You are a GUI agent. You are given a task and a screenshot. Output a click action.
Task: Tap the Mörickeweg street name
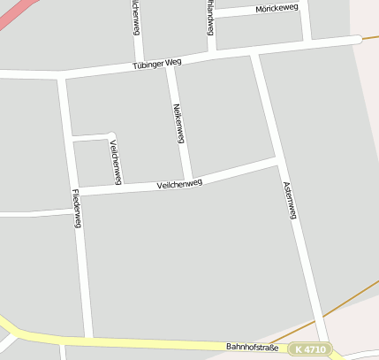[277, 8]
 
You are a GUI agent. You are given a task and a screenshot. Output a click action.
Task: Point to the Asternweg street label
[288, 200]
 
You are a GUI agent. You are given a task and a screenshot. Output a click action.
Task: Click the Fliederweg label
[77, 209]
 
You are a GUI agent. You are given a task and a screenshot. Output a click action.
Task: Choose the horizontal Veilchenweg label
[179, 184]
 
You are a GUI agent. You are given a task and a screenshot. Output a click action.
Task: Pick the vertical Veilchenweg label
[115, 161]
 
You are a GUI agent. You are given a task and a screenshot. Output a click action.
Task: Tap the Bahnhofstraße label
[252, 348]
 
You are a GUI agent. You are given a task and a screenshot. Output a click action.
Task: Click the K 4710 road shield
[312, 349]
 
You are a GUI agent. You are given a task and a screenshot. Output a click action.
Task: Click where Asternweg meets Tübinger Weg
[254, 54]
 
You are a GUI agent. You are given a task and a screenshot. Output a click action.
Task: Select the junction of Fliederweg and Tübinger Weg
[63, 78]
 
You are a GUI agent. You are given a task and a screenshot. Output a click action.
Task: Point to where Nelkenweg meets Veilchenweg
[187, 180]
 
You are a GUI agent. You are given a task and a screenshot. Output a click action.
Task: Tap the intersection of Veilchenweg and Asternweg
[277, 161]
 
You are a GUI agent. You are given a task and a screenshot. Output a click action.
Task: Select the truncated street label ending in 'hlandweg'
[210, 18]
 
